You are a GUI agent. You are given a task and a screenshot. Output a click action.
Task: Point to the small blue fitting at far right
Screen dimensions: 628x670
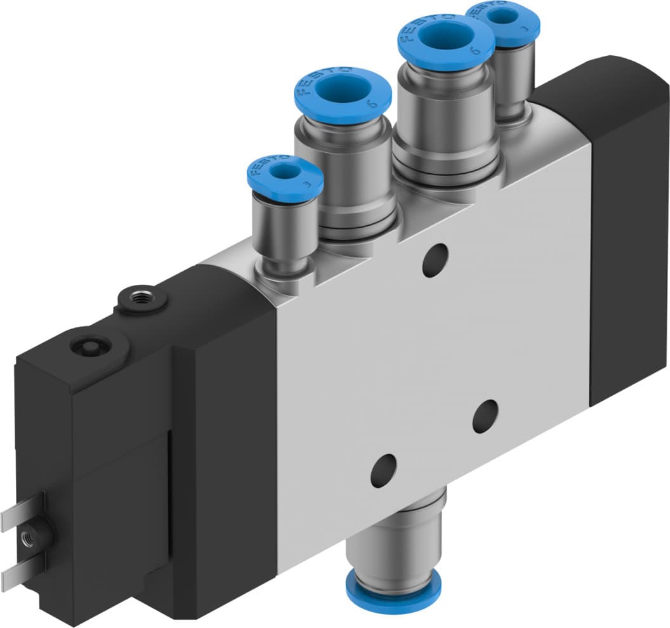(503, 19)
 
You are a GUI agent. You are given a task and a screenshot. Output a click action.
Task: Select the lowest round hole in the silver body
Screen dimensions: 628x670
(383, 470)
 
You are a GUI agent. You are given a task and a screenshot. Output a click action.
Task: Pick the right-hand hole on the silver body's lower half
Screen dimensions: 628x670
(485, 415)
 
